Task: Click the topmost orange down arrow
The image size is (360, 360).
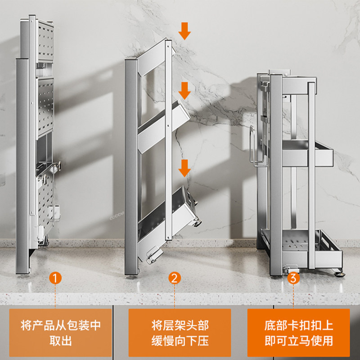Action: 184,31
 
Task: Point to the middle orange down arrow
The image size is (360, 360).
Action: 184,91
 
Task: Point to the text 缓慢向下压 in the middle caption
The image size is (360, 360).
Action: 180,341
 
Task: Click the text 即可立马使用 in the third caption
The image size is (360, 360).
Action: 299,341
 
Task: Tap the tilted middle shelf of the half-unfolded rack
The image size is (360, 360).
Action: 166,124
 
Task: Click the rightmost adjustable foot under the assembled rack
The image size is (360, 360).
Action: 338,271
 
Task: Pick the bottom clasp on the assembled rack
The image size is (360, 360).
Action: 288,267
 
